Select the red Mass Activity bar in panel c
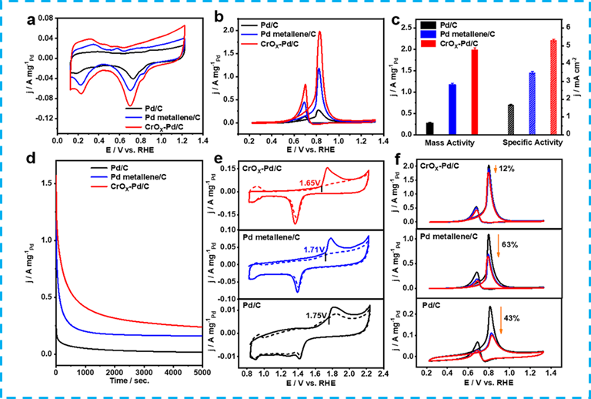pyautogui.click(x=474, y=91)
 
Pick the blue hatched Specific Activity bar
pyautogui.click(x=531, y=102)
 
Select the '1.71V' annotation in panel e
pyautogui.click(x=315, y=250)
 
